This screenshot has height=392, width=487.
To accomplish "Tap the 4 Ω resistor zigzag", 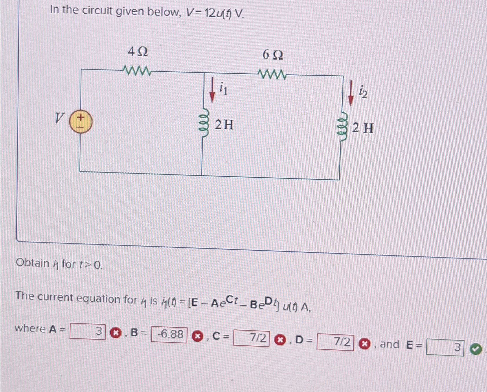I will [137, 70].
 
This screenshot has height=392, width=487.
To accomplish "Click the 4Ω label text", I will [138, 52].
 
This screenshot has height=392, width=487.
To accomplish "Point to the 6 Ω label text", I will [273, 55].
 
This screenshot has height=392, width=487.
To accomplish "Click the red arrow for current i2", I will [351, 93].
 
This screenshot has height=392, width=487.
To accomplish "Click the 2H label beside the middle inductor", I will [224, 125].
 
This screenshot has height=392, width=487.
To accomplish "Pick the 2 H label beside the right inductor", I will [363, 128].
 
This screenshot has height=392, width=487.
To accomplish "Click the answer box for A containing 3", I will [88, 331].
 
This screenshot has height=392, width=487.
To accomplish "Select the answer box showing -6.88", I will [169, 334].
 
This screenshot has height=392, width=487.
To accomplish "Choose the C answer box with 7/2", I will [251, 338].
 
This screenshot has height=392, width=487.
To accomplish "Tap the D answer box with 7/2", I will [335, 342].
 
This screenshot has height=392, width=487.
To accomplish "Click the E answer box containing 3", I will [445, 347].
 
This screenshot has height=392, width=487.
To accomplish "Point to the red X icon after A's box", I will [116, 333].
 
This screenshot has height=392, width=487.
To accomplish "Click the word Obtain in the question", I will [33, 263].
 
